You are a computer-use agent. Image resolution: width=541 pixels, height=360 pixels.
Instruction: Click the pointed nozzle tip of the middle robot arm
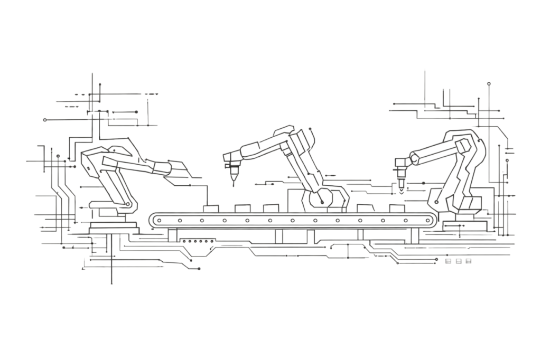click(x=234, y=185)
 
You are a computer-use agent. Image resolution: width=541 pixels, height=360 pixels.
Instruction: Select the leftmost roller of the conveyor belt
click(x=157, y=220)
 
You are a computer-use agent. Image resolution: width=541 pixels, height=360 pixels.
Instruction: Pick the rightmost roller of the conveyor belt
click(x=428, y=220)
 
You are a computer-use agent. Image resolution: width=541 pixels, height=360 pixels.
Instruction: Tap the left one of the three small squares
click(x=449, y=261)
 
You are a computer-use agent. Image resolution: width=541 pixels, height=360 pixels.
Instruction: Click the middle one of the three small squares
click(x=458, y=261)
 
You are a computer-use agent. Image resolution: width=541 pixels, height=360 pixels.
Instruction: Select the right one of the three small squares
click(x=468, y=261)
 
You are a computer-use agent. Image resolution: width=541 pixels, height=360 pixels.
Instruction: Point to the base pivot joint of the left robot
click(x=128, y=204)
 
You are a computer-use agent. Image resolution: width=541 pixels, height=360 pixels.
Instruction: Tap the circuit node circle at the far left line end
click(x=45, y=120)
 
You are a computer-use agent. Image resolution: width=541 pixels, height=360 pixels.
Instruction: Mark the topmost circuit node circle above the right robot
click(x=489, y=84)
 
